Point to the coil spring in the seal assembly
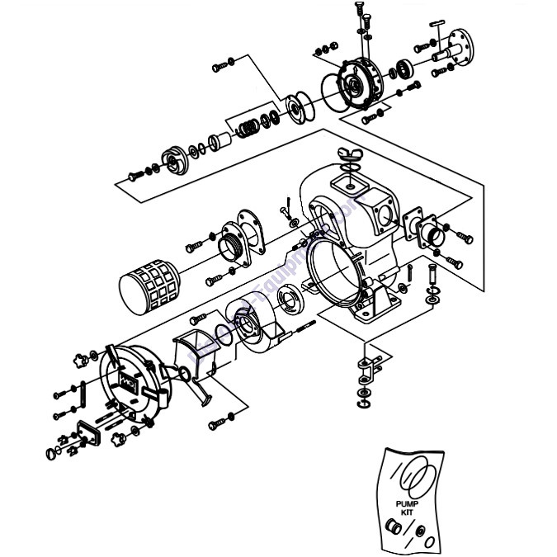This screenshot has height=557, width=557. tap(247, 128)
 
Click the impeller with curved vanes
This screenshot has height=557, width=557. tap(174, 159)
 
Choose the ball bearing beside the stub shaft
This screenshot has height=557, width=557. tap(406, 67)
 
